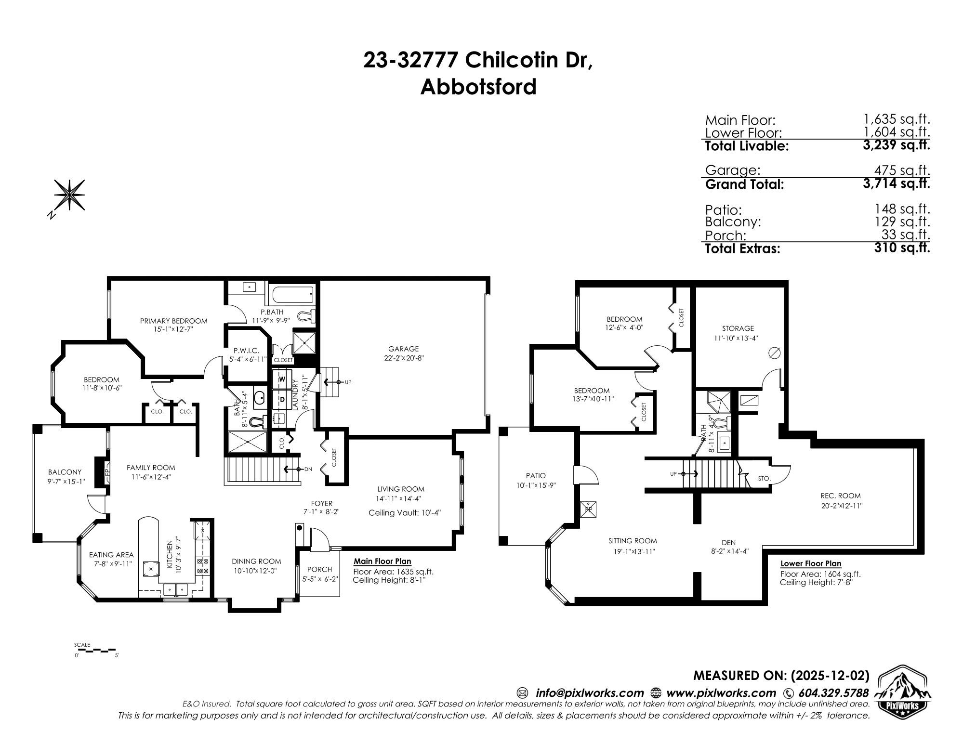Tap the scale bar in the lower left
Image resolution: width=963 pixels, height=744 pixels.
coord(96,650)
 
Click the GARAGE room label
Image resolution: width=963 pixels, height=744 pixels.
coord(403,349)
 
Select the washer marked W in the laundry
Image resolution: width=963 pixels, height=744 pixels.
coord(282,379)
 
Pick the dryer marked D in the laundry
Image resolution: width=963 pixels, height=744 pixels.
coord(282,399)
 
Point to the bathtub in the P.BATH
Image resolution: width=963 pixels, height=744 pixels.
coord(292,293)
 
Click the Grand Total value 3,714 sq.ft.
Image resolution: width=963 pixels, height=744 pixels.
coord(896,183)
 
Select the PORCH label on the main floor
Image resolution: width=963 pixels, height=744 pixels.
coord(319,569)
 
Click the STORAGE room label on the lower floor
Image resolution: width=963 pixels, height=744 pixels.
coord(738,328)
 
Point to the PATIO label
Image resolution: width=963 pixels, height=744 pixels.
coord(536,476)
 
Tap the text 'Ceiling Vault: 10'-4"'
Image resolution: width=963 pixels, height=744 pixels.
coord(404,513)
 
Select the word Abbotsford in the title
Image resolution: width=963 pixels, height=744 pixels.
coord(478,88)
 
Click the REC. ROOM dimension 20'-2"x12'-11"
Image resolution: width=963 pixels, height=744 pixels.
coord(840,506)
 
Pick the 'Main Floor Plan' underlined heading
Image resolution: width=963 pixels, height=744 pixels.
coord(382,561)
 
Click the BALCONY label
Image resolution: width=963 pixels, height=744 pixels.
coord(65,472)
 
